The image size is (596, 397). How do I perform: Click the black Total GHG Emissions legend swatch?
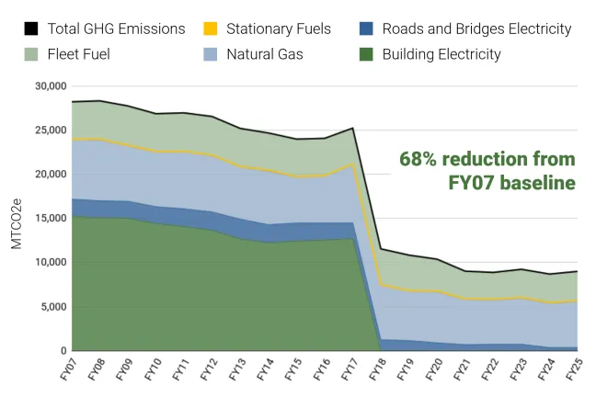(x=30, y=29)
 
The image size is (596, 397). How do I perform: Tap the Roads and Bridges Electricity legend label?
(x=476, y=29)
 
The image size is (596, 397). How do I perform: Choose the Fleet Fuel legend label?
(x=78, y=54)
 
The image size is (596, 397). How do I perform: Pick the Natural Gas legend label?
(x=265, y=54)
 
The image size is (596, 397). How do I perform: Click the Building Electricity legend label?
(x=441, y=54)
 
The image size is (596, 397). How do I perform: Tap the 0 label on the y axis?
(x=63, y=351)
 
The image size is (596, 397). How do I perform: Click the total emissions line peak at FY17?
(x=352, y=129)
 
